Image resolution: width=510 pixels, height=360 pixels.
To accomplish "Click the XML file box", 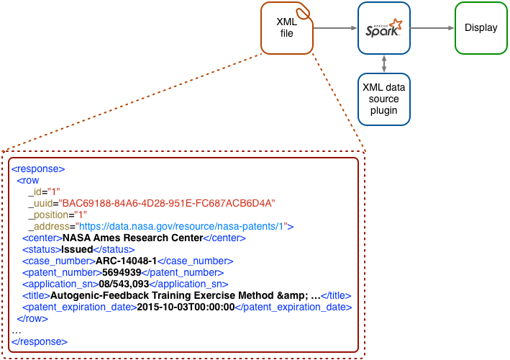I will pyautogui.click(x=287, y=28).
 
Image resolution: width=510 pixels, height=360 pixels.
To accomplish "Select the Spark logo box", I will pyautogui.click(x=384, y=28).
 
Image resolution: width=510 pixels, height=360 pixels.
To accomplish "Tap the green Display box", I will pyautogui.click(x=481, y=28).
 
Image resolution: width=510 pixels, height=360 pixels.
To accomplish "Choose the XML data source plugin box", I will pyautogui.click(x=384, y=98).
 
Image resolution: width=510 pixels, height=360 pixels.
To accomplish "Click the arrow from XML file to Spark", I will pyautogui.click(x=335, y=29).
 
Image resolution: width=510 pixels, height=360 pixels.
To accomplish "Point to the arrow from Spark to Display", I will pyautogui.click(x=432, y=29).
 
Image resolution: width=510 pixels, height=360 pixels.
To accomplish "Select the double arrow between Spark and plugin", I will pyautogui.click(x=384, y=63).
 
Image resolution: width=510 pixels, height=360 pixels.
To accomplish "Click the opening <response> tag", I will pyautogui.click(x=38, y=169).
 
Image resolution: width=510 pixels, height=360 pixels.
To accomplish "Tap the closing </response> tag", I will pyautogui.click(x=40, y=341).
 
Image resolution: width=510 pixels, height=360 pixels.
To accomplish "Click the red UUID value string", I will pyautogui.click(x=167, y=204).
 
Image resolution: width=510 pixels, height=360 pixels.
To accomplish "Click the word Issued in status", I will pyautogui.click(x=77, y=249).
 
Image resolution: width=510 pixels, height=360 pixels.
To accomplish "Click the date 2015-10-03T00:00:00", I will pyautogui.click(x=186, y=307).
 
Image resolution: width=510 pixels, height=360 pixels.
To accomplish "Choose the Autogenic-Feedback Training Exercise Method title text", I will pyautogui.click(x=184, y=295).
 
